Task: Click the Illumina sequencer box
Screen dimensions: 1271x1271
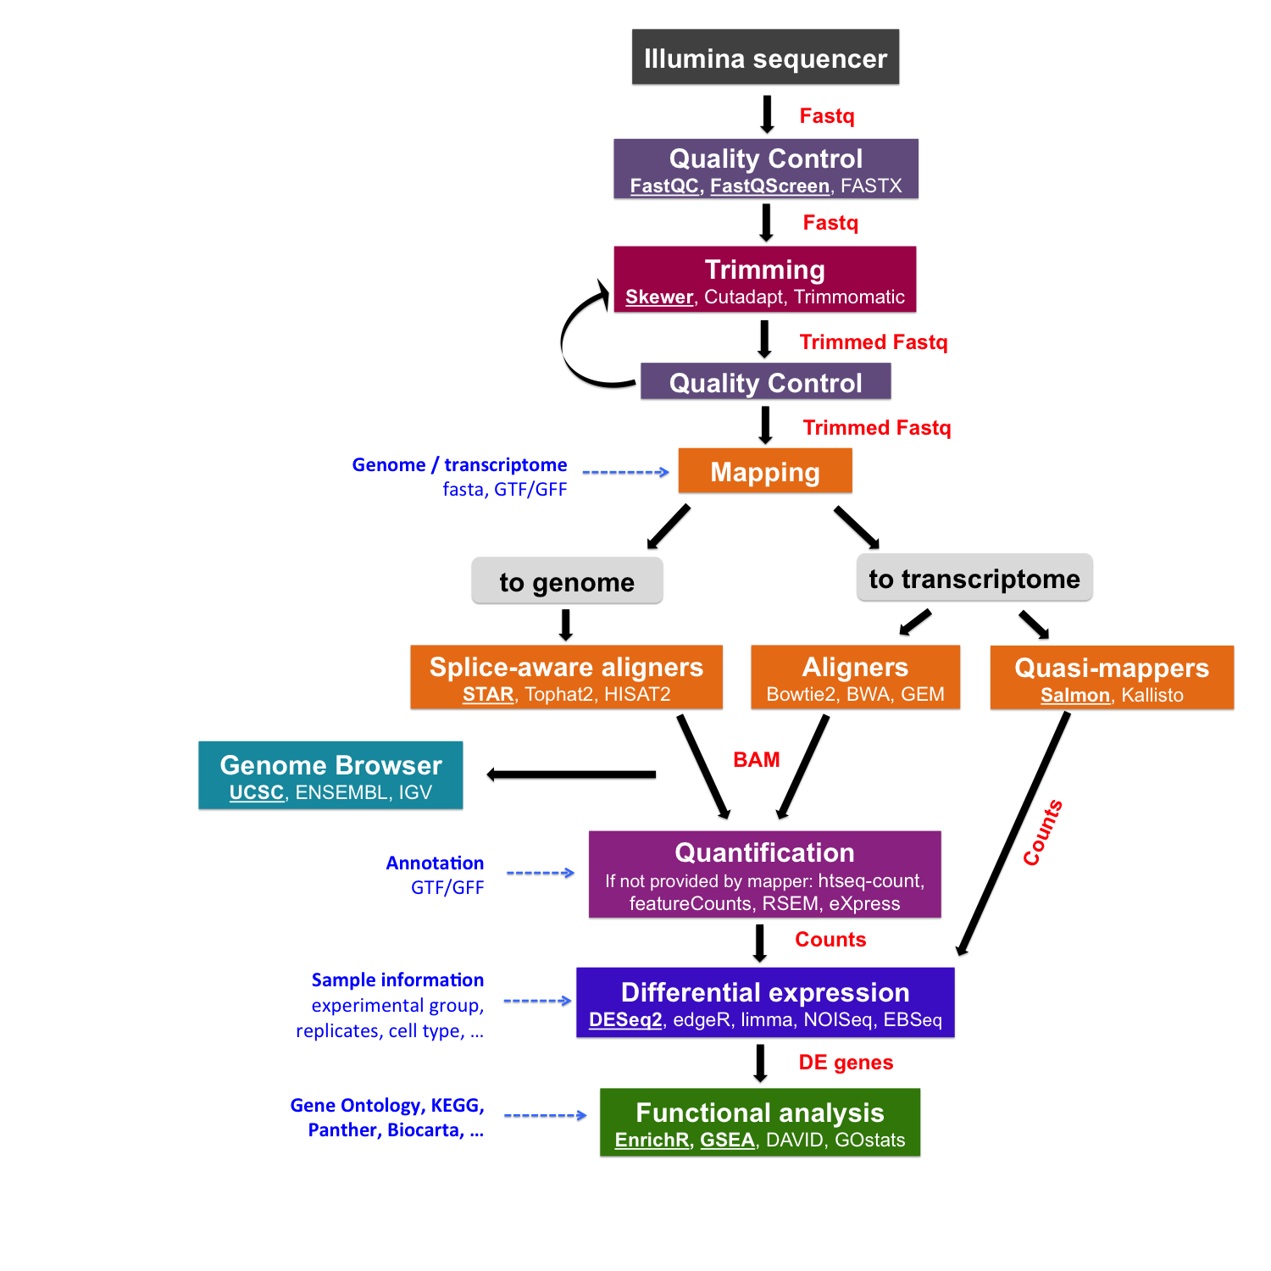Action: tap(765, 58)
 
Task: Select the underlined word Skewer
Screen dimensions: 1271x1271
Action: tap(659, 297)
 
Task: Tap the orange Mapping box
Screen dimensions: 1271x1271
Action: tap(764, 472)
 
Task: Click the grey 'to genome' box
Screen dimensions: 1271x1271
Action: tap(567, 582)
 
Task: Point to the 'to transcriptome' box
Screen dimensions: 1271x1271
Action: tap(974, 579)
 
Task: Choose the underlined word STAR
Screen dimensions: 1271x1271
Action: tap(488, 695)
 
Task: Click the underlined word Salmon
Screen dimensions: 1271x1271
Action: tap(1074, 696)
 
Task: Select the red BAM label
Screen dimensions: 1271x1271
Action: tap(756, 760)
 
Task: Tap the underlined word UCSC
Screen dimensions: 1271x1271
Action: tap(256, 793)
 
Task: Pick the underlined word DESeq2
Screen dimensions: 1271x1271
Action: tap(625, 1020)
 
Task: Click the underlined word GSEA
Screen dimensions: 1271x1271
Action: tap(727, 1141)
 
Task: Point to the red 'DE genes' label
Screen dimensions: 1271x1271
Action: tap(846, 1063)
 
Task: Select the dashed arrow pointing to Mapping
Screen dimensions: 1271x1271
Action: tap(625, 472)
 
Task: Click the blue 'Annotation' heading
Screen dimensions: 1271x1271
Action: tap(435, 863)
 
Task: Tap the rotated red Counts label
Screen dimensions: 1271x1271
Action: tap(1042, 833)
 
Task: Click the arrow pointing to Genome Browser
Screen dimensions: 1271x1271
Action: tap(572, 774)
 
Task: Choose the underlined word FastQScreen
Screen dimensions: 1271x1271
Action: tap(769, 186)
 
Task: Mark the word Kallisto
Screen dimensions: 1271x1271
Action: tap(1152, 696)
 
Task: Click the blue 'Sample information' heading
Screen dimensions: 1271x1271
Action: tap(397, 980)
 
